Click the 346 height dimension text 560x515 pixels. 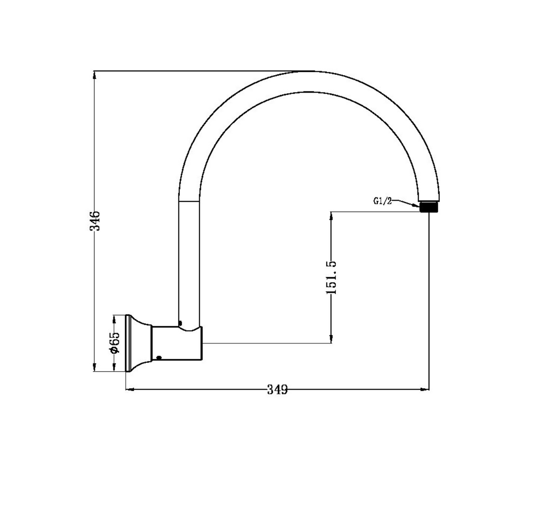(x=94, y=221)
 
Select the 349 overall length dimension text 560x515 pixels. (x=277, y=390)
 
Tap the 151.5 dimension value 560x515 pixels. (x=331, y=277)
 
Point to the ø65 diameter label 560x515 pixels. (x=114, y=343)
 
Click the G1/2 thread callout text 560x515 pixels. (x=382, y=201)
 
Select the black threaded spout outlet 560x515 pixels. (x=429, y=207)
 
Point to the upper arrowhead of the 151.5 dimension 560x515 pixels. (x=331, y=216)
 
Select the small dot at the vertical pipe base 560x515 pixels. (x=180, y=323)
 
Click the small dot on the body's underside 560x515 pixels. (x=159, y=357)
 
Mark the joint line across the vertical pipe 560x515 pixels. (x=189, y=201)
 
